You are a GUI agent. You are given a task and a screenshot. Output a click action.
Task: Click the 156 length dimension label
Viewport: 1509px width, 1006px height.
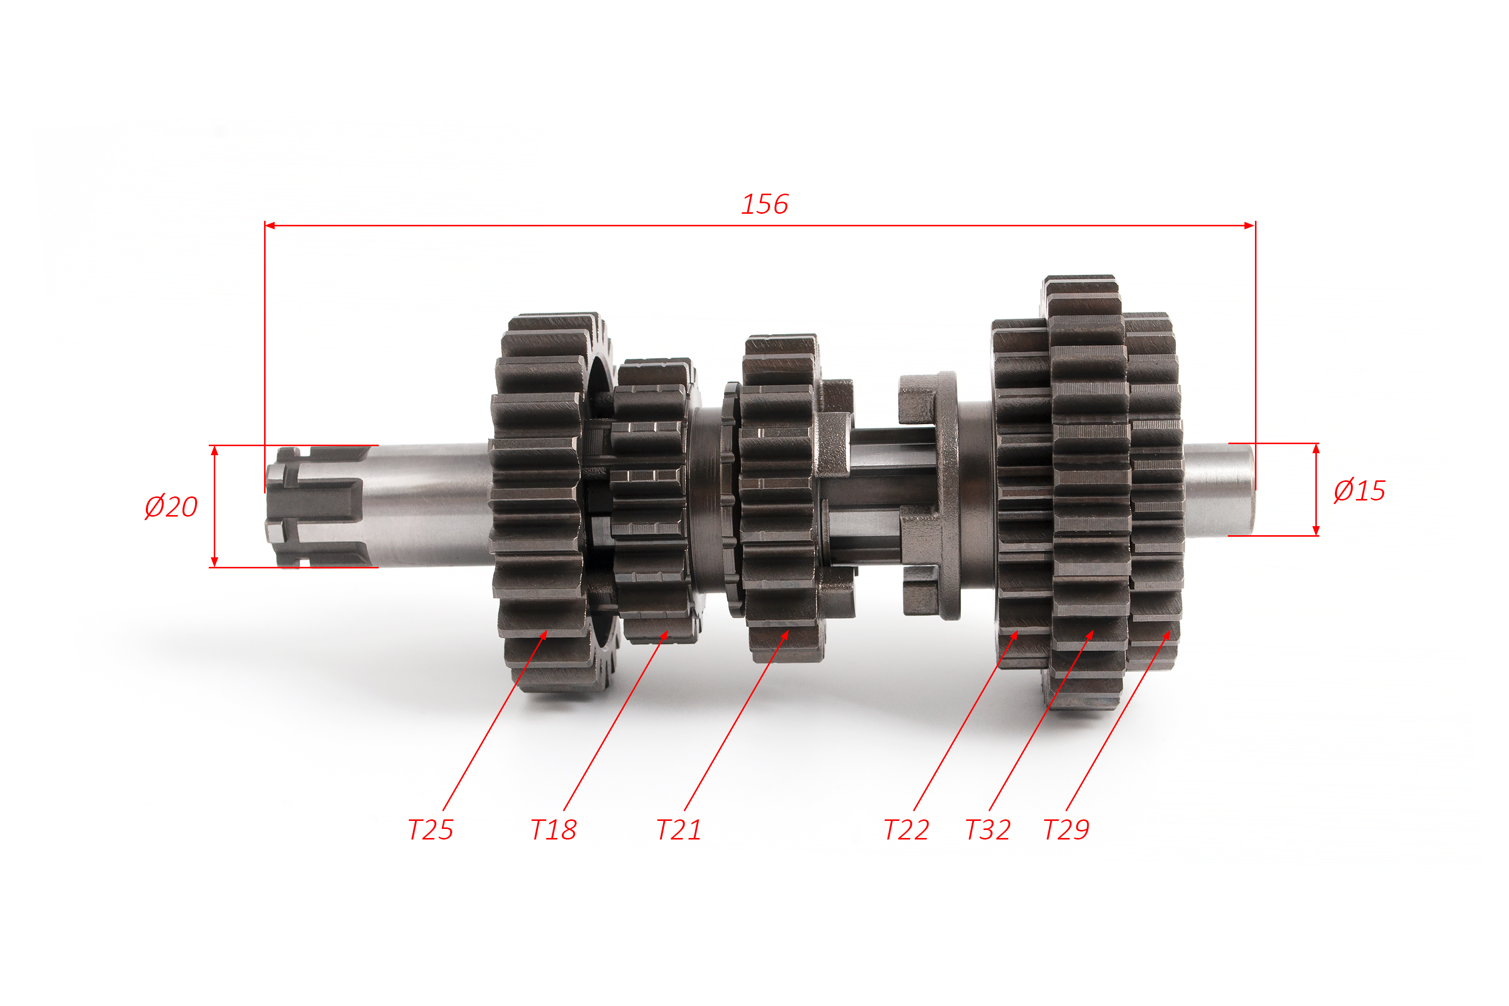[x=765, y=204]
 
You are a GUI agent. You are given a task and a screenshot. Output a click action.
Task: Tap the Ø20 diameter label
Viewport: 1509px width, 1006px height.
[x=171, y=507]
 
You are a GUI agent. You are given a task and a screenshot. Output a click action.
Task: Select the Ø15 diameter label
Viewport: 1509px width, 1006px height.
[x=1359, y=491]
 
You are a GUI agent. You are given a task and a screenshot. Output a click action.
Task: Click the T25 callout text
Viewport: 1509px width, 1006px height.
[x=431, y=829]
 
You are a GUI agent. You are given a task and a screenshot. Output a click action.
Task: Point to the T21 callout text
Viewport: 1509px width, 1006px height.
[x=679, y=829]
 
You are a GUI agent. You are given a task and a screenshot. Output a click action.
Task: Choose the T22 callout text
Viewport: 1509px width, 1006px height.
[x=906, y=829]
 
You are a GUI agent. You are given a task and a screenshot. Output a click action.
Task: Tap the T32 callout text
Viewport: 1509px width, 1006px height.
[x=988, y=829]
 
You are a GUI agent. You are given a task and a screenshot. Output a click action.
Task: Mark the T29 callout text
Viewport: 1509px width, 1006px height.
[x=1066, y=829]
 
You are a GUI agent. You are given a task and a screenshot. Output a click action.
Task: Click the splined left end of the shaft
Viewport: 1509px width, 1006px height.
[x=317, y=507]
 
